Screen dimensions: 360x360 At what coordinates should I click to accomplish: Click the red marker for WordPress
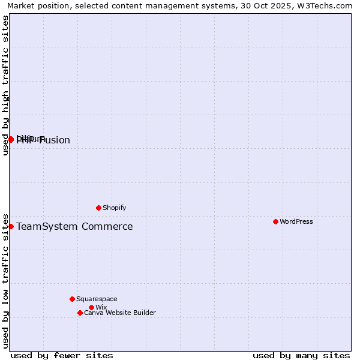(x=275, y=221)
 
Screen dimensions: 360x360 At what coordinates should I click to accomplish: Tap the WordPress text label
(x=296, y=221)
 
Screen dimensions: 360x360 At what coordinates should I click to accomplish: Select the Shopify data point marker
(x=98, y=208)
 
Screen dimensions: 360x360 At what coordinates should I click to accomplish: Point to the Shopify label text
(x=115, y=208)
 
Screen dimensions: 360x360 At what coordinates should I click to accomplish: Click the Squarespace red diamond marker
(x=72, y=299)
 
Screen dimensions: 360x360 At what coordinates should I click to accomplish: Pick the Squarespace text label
(x=97, y=299)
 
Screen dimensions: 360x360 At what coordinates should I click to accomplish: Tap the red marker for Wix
(x=91, y=307)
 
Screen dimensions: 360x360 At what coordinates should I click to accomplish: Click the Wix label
(x=101, y=307)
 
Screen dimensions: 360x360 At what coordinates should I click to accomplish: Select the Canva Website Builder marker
(x=80, y=313)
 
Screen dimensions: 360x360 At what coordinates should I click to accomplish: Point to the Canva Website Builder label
(x=120, y=313)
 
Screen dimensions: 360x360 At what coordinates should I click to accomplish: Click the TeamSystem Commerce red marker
(x=11, y=226)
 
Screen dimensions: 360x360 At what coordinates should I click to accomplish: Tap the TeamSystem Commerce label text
(x=74, y=226)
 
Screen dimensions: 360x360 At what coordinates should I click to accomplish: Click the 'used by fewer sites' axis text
(x=62, y=355)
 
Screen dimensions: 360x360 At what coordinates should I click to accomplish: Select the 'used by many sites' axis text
(x=301, y=355)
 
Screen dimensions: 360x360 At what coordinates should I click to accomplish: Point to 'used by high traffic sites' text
(x=5, y=85)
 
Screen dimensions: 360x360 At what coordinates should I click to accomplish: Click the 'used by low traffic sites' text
(x=5, y=280)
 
